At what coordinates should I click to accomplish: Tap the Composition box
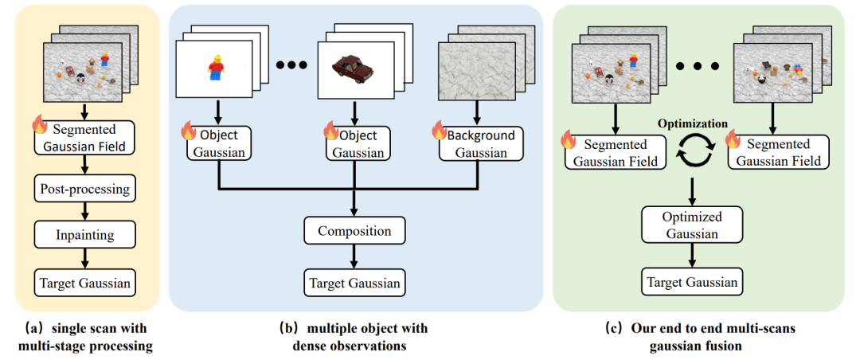tap(355, 232)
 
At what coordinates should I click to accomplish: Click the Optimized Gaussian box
tap(692, 225)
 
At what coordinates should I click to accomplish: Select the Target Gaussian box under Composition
tap(355, 282)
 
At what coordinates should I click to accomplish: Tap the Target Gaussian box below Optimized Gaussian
tap(692, 281)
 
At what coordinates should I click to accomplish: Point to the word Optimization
tap(691, 125)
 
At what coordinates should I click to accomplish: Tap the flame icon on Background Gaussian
tap(437, 130)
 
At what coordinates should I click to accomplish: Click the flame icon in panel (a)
tap(38, 124)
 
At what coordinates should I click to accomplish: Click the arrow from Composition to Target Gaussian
tap(355, 256)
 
